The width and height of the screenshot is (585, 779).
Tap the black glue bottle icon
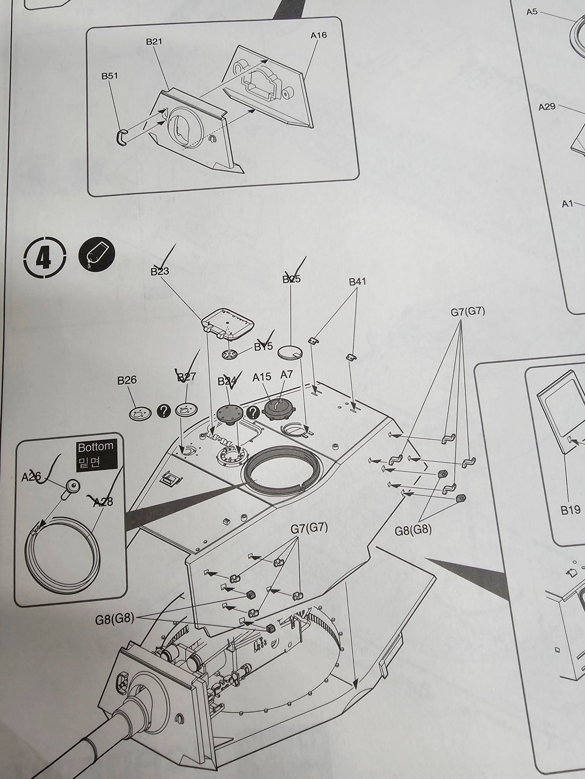97,255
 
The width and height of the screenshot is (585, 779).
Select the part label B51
110,76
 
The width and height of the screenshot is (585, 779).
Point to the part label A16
318,35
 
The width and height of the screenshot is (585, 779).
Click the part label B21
154,42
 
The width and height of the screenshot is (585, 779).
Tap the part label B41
357,282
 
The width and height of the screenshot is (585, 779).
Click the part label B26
127,380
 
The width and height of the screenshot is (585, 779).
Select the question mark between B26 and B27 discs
164,411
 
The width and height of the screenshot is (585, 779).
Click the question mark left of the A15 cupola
253,412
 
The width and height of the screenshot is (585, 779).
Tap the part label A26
31,477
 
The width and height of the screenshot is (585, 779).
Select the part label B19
570,510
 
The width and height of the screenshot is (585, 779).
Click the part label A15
262,377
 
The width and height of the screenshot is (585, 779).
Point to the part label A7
287,375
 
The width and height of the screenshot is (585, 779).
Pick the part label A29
547,107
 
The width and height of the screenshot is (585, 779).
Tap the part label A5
532,12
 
